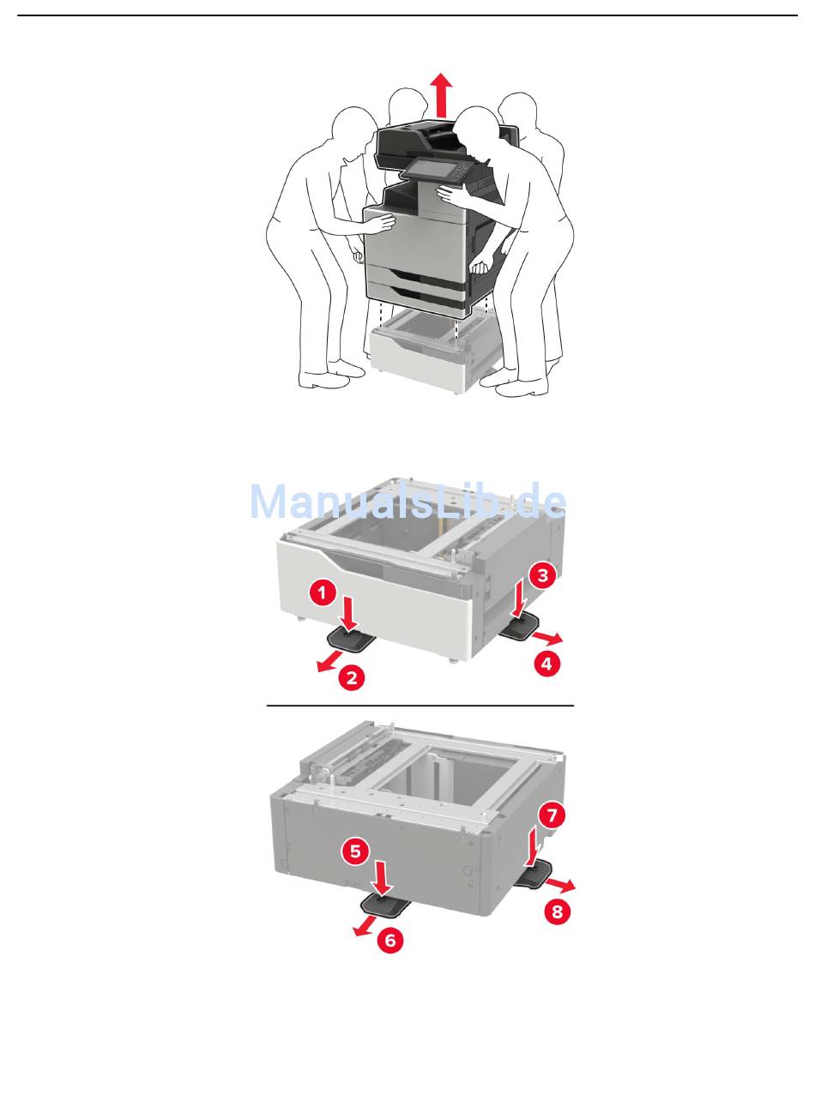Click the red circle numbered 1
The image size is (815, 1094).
323,592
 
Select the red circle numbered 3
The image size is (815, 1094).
542,574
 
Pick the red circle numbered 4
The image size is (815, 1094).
547,664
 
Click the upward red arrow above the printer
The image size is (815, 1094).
441,95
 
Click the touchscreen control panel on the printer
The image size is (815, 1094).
434,172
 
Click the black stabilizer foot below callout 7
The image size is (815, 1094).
535,879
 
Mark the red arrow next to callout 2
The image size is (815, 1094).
329,661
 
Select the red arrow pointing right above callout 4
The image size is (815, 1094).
547,638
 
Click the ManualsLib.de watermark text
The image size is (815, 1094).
407,501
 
